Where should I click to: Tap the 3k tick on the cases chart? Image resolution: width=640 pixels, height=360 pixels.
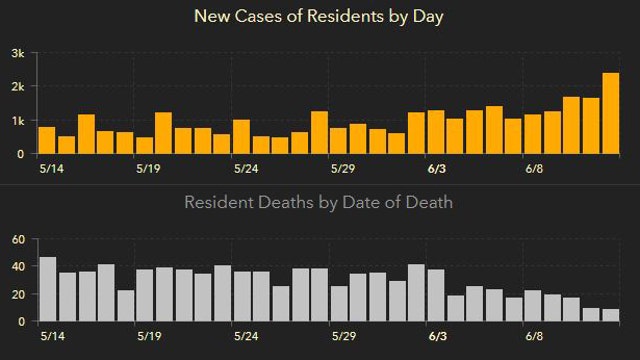tap(18, 53)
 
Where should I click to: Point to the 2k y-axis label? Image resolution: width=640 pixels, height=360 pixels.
tap(18, 87)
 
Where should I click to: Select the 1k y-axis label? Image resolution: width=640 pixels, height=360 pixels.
tap(18, 121)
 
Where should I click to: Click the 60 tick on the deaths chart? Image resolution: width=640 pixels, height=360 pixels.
tap(17, 240)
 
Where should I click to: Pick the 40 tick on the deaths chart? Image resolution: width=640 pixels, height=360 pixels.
tap(17, 267)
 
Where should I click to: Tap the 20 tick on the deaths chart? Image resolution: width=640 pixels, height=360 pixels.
tap(17, 294)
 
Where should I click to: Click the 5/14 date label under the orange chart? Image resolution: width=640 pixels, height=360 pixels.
tap(47, 168)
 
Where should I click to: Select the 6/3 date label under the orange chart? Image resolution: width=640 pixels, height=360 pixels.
tap(437, 168)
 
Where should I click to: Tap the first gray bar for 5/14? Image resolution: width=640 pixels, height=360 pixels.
tap(47, 289)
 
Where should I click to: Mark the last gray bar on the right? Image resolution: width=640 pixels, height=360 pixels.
tap(611, 315)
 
